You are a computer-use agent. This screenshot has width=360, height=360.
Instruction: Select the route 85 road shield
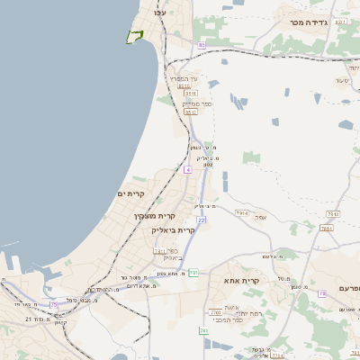point(202,44)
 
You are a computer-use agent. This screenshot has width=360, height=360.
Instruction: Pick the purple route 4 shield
point(187,169)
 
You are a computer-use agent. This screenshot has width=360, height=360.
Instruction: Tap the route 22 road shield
point(202,220)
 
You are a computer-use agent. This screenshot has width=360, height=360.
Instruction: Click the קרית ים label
point(130,193)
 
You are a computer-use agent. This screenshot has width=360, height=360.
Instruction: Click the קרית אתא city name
point(241,281)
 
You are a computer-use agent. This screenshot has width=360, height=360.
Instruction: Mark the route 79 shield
point(321,294)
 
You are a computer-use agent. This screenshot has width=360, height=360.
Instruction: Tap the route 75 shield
point(54,305)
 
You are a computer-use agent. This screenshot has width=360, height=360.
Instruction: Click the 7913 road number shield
point(241,212)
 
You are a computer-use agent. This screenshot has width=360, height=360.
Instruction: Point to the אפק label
point(260,216)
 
